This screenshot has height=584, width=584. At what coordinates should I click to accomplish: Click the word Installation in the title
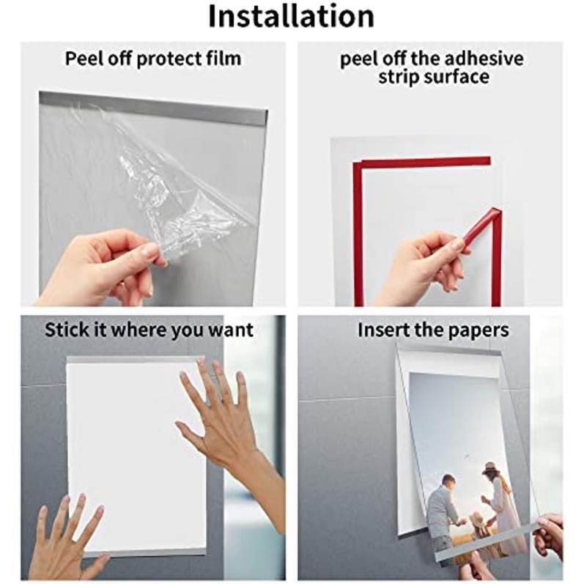coord(291,16)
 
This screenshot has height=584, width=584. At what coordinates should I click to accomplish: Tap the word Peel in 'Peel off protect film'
coord(83,59)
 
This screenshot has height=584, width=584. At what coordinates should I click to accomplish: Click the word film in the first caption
coord(225,59)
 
